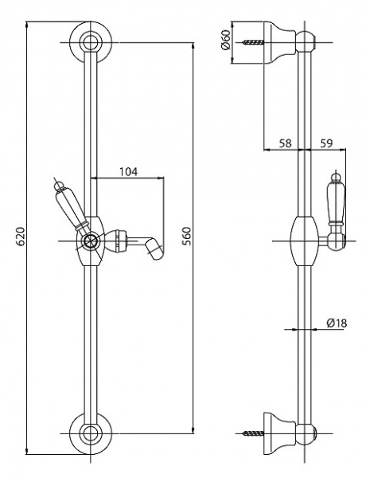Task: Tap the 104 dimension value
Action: point(128,171)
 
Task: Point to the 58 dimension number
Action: point(285,143)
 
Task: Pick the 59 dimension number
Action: point(327,143)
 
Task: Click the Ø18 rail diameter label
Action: point(337,323)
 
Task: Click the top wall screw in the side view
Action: point(253,42)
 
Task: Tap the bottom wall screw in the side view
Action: point(253,433)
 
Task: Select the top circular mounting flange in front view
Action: point(91,42)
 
